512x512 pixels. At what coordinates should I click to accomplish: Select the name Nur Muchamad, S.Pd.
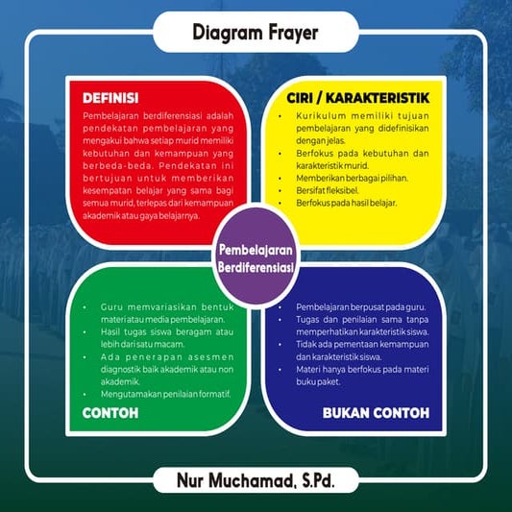coord(256,479)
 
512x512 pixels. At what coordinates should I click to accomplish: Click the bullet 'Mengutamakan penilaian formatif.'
coord(165,394)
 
